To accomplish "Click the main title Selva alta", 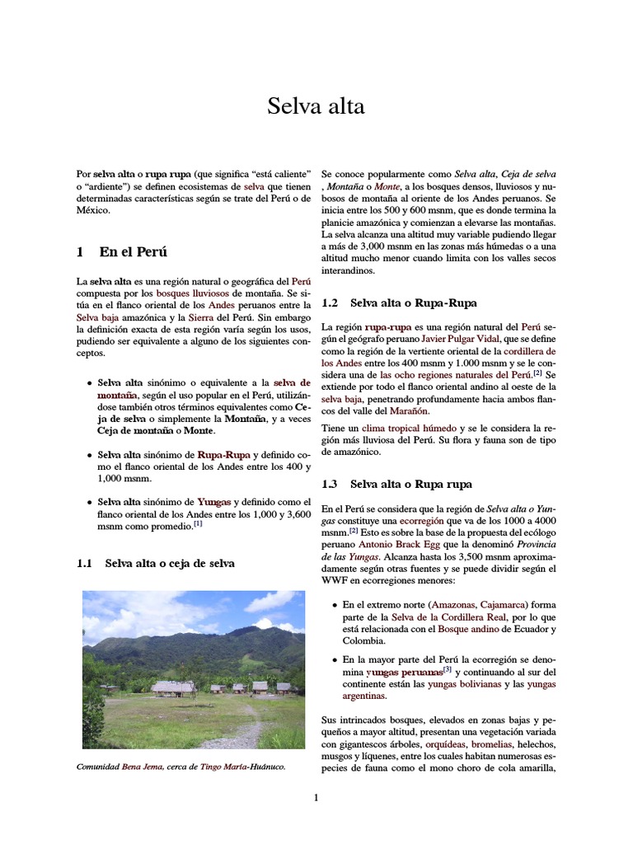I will point(316,106).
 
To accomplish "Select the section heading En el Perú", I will point(133,251).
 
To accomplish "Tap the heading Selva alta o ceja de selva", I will point(169,563).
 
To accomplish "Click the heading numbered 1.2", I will point(399,302).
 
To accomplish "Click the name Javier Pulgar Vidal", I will point(465,339).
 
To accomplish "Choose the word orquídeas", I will point(452,745).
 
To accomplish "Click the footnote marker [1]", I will point(199,523).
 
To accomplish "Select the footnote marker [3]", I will point(448,670).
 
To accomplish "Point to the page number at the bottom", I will point(316,797).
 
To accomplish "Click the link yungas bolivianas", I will point(469,683).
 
